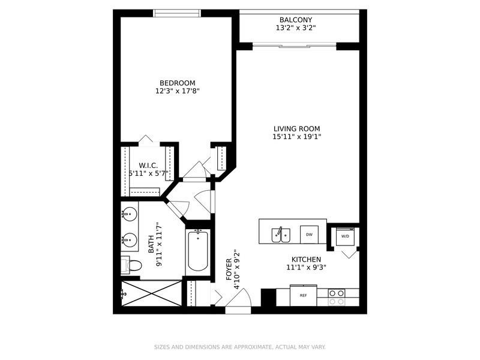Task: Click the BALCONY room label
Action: click(296, 20)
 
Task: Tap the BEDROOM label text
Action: click(177, 83)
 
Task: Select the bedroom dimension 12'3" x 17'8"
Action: click(177, 91)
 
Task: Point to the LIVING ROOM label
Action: click(296, 129)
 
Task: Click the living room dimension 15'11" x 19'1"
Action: click(296, 137)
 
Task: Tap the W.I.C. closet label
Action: click(148, 166)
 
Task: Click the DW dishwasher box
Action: click(309, 235)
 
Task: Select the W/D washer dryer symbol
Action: click(346, 236)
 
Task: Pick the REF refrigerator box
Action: click(304, 295)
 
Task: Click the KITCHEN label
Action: click(306, 260)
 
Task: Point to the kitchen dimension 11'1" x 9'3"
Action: click(306, 267)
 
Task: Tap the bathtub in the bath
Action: click(198, 251)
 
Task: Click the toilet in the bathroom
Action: click(131, 265)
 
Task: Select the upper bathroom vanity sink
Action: click(129, 214)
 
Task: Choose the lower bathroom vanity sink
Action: click(129, 239)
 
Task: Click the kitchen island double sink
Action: click(281, 235)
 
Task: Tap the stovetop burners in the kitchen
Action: click(337, 297)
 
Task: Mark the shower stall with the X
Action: click(152, 293)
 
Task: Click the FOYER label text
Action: click(229, 269)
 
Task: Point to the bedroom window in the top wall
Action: click(177, 13)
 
